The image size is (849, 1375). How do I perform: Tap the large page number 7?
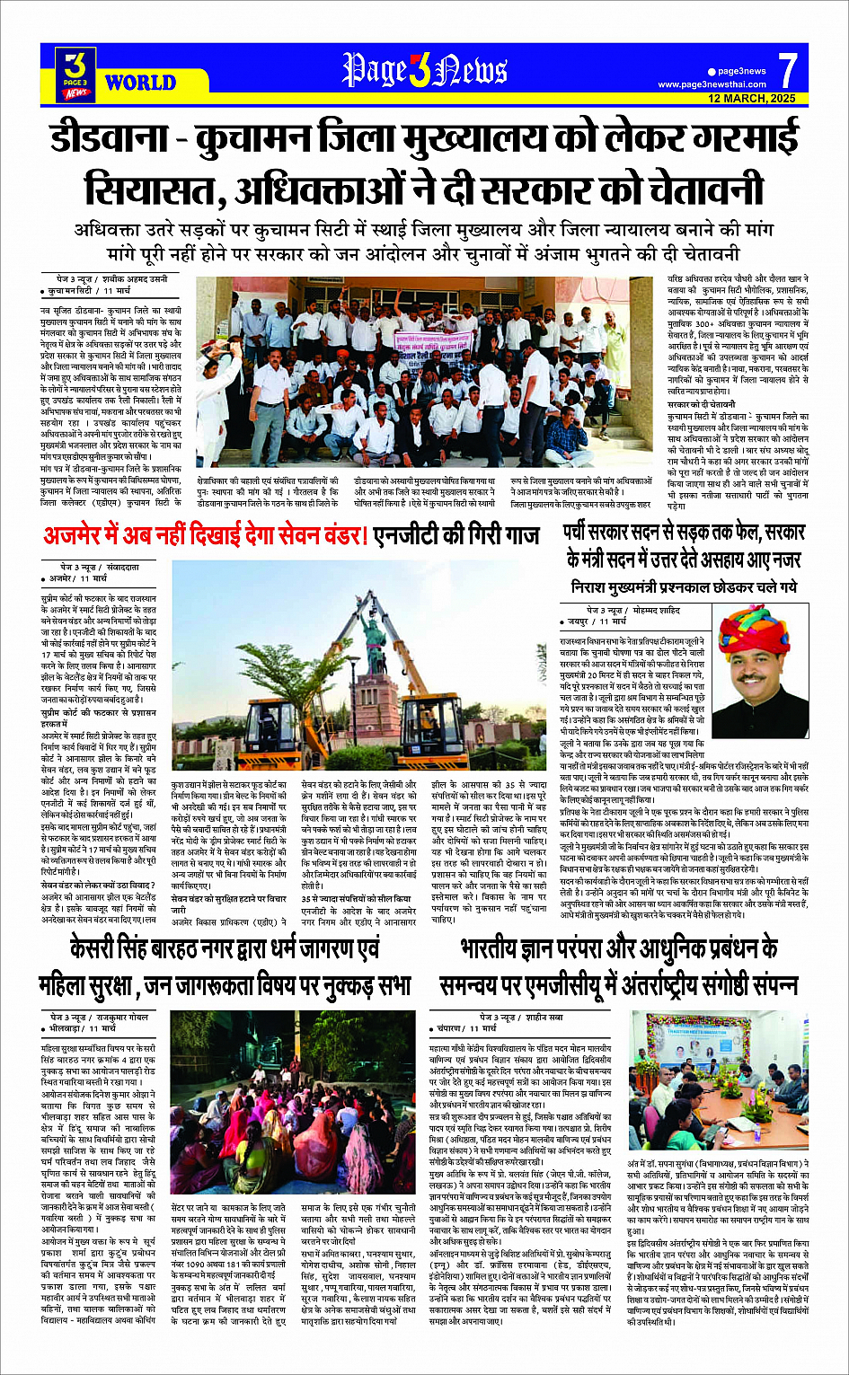tap(787, 70)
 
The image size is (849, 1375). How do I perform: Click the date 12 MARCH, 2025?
tap(752, 98)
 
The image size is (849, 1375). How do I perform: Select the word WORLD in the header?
tap(140, 84)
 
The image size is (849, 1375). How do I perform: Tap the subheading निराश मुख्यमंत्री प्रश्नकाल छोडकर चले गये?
tap(683, 587)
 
